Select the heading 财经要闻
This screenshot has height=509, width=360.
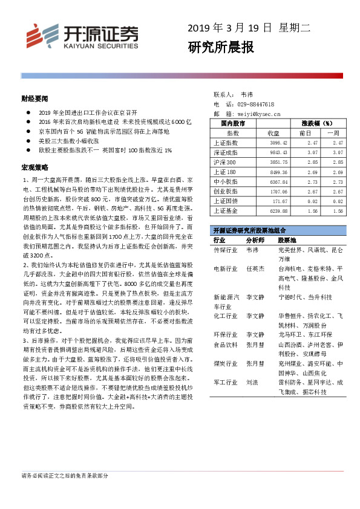pos(32,97)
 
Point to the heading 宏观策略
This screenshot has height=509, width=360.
pos(32,166)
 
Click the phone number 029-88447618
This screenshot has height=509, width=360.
pos(257,104)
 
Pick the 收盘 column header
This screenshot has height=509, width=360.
pos(272,133)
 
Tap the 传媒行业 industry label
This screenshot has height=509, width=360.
pos(224,250)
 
